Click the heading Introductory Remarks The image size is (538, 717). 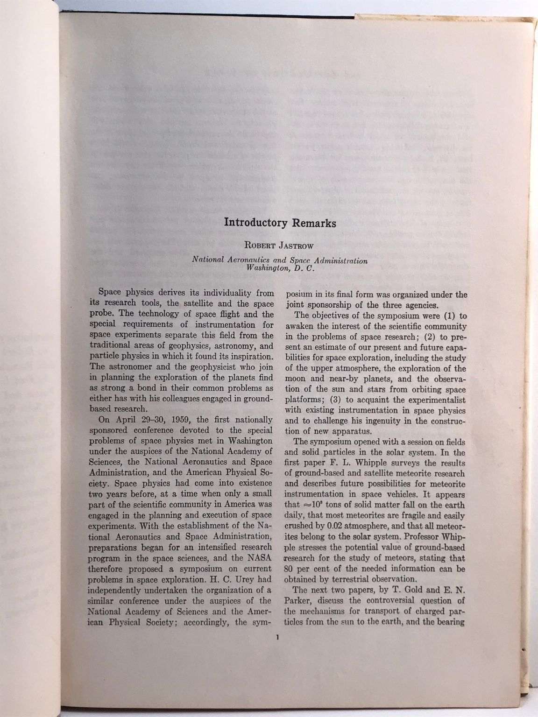point(280,222)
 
